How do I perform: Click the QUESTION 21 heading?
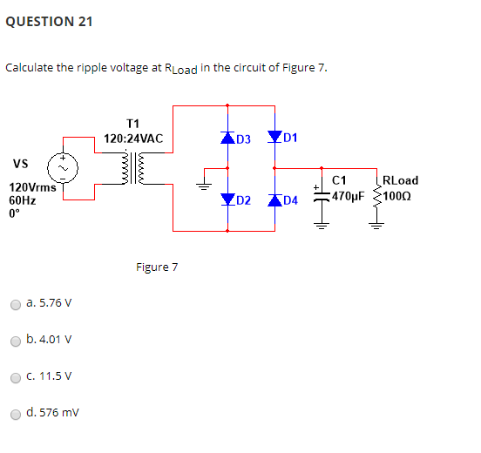pos(50,22)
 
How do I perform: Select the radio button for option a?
pos(16,305)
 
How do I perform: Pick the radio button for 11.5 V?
pos(16,377)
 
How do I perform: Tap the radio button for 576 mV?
pos(16,414)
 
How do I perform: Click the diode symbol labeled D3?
pos(227,138)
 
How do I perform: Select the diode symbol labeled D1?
pos(275,137)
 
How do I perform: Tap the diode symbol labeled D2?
pos(227,200)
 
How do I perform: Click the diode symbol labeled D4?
pos(275,200)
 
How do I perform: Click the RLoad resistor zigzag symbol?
pos(377,195)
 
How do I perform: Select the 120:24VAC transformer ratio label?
pos(133,139)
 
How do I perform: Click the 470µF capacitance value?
pos(348,196)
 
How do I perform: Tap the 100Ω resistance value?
pos(401,196)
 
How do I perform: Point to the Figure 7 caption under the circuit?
pos(157,267)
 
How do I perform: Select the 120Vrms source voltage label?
pos(32,186)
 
